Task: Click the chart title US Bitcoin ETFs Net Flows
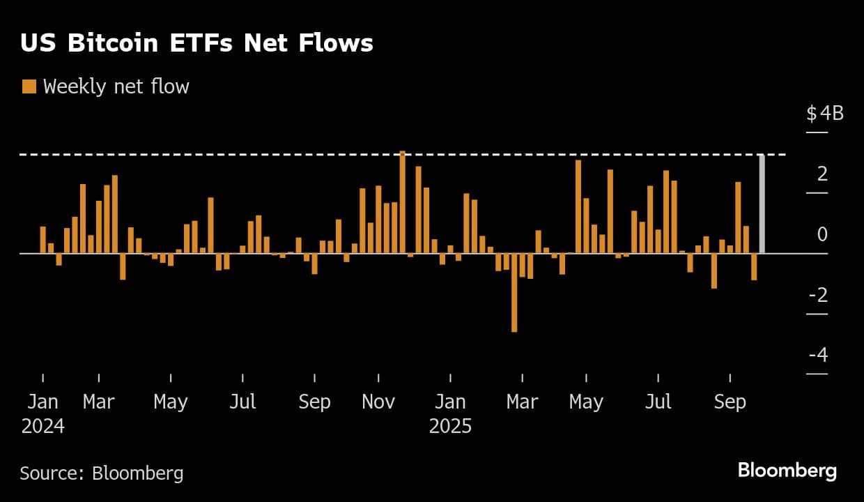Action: [196, 43]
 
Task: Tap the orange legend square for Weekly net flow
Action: [29, 86]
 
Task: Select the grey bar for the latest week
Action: [762, 204]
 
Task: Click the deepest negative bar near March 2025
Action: [514, 292]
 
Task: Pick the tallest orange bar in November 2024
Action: [403, 202]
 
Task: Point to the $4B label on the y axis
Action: [825, 113]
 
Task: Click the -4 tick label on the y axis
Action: [818, 355]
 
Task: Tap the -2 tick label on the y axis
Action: [818, 295]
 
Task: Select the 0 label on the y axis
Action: [822, 234]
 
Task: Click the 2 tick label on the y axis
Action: [822, 174]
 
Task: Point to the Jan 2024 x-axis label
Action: [43, 413]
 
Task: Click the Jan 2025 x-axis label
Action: [450, 413]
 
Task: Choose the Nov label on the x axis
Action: [378, 402]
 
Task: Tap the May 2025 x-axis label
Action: [586, 402]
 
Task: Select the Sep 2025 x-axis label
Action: [730, 402]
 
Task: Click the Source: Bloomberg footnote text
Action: [102, 473]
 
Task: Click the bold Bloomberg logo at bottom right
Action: [787, 471]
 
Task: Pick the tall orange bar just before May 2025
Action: [578, 206]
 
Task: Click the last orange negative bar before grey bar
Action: [754, 266]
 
